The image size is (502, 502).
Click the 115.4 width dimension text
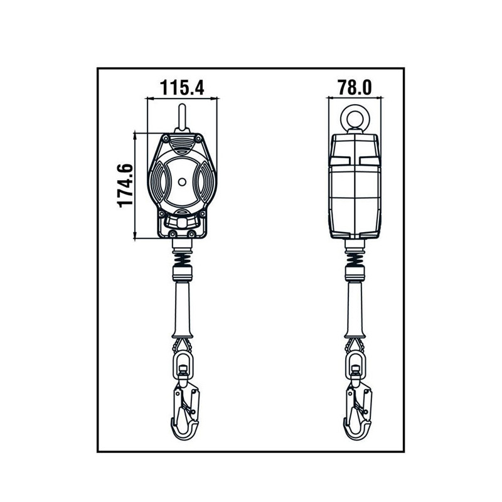point(182,87)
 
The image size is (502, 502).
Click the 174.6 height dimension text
point(125,186)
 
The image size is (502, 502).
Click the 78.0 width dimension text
point(355,87)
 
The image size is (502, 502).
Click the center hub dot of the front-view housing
point(182,183)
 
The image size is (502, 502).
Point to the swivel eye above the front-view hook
point(183,362)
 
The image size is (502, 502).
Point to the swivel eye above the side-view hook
point(355,362)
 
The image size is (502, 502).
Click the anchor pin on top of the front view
point(182,118)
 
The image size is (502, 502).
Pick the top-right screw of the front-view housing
point(199,138)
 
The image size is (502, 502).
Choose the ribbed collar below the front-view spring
point(182,274)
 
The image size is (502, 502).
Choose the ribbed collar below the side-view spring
point(355,274)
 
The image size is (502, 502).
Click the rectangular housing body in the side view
point(355,188)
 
